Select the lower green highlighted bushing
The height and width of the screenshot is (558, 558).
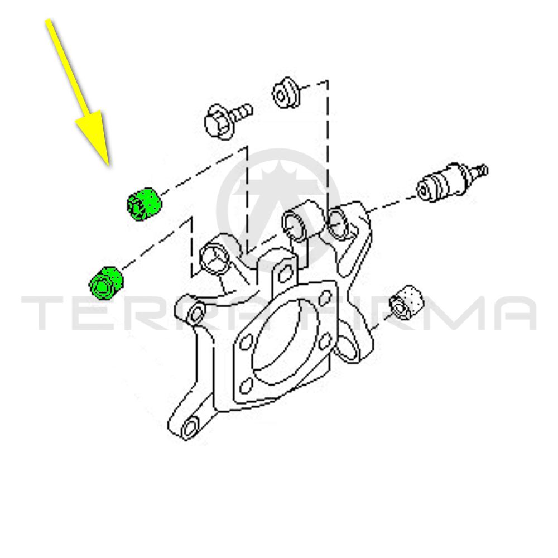(x=105, y=282)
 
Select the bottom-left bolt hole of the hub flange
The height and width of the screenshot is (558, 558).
(x=245, y=387)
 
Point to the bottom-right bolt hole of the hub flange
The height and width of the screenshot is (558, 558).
(x=325, y=342)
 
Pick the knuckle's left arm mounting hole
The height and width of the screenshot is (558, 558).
(x=196, y=312)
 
